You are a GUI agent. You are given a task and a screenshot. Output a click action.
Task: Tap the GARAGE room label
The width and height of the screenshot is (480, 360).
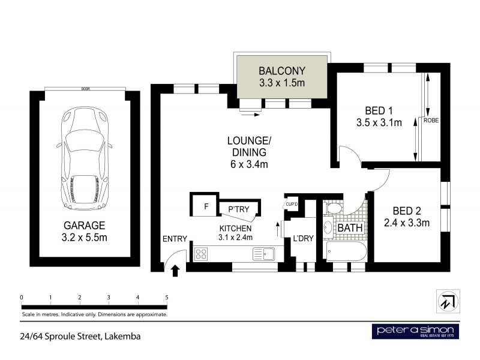[x=84, y=226]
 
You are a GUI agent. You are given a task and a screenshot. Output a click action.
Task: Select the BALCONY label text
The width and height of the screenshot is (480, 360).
[x=281, y=70]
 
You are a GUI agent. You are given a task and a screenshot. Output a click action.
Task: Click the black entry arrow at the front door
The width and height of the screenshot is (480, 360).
[x=176, y=271]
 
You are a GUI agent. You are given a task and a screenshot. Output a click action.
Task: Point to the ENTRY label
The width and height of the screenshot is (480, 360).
[x=175, y=238]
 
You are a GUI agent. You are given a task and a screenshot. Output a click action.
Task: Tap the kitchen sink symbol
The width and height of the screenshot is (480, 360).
[x=263, y=254]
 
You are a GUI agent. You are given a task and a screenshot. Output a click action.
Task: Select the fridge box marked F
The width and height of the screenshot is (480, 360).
[x=206, y=207]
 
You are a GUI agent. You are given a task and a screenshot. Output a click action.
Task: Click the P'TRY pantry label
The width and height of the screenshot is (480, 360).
[x=239, y=209]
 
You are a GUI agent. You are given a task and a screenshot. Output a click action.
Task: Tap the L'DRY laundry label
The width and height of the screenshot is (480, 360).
[x=302, y=239]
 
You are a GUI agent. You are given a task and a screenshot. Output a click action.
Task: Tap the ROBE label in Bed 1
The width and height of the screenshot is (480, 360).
[x=431, y=120]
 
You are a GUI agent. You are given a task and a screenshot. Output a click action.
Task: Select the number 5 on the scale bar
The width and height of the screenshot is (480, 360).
[x=167, y=297]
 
